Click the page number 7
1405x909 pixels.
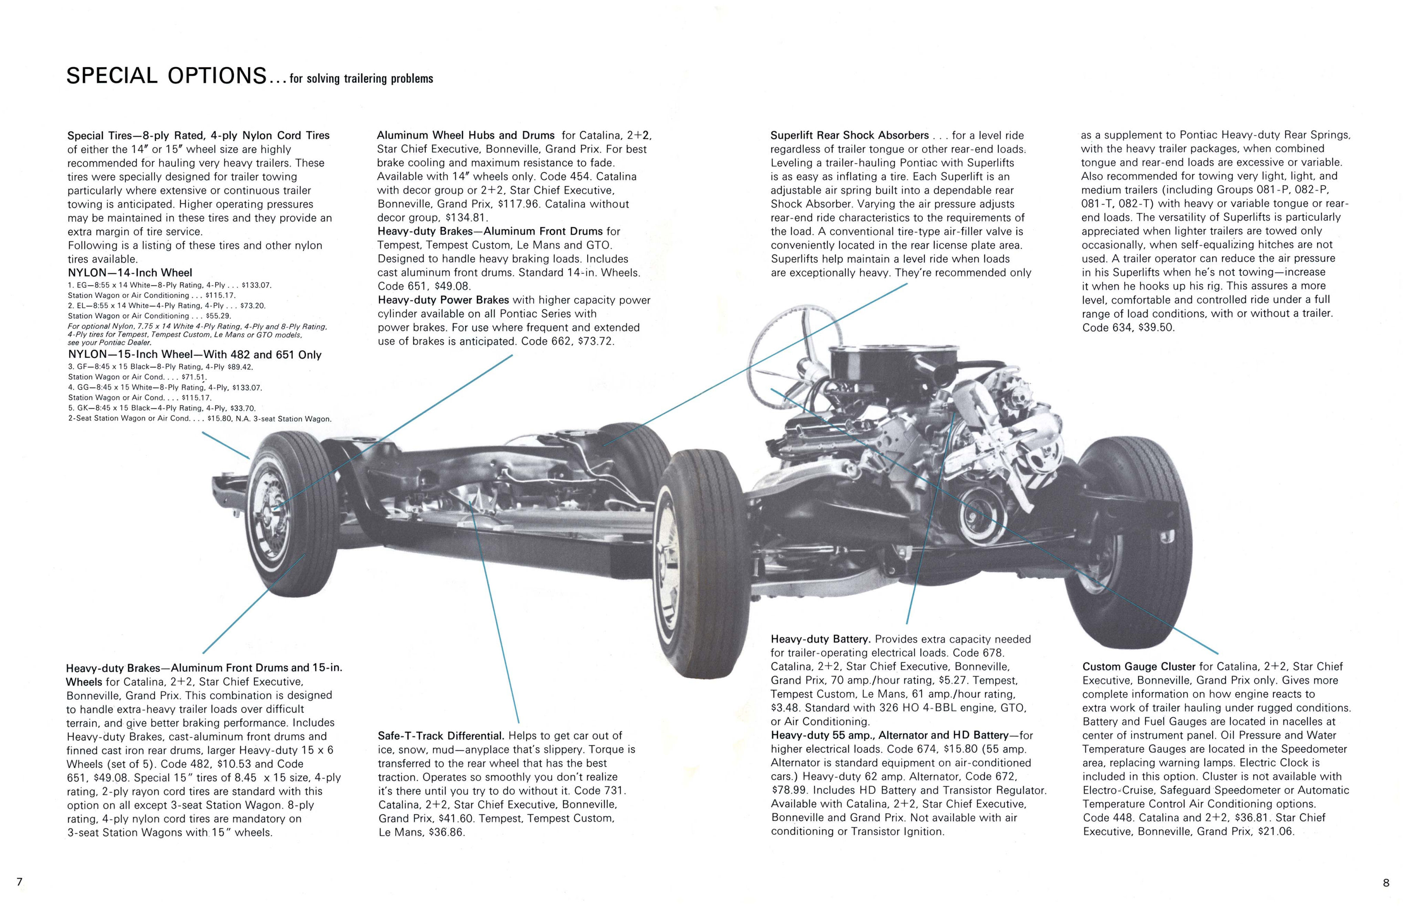pos(19,882)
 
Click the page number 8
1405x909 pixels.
pos(1386,883)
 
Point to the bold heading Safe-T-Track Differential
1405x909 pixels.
pos(440,736)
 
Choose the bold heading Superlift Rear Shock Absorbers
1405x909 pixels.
pos(849,135)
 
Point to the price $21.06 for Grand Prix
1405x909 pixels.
pos(1275,832)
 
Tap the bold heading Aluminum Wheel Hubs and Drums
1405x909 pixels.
pos(466,135)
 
